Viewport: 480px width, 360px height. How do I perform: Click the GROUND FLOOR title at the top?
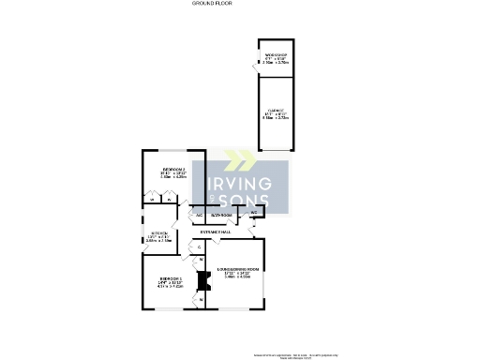(x=212, y=4)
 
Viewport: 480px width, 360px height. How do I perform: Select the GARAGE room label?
(x=276, y=115)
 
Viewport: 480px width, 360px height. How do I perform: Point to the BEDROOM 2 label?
(x=174, y=172)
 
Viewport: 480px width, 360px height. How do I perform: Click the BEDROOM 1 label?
(x=170, y=281)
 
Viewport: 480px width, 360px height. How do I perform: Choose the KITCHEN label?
(x=158, y=236)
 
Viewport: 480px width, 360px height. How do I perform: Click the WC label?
(x=254, y=213)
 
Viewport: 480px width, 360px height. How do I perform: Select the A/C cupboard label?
(x=199, y=215)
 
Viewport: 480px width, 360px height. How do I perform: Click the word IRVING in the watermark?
(x=240, y=182)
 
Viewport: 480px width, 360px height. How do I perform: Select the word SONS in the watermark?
(x=246, y=200)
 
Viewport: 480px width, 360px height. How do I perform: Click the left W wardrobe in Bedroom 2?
(x=151, y=199)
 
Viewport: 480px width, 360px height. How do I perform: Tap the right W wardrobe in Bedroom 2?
(x=169, y=199)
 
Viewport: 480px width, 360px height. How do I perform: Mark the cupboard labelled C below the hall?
(x=199, y=247)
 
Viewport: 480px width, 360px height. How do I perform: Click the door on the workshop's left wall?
(x=256, y=65)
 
